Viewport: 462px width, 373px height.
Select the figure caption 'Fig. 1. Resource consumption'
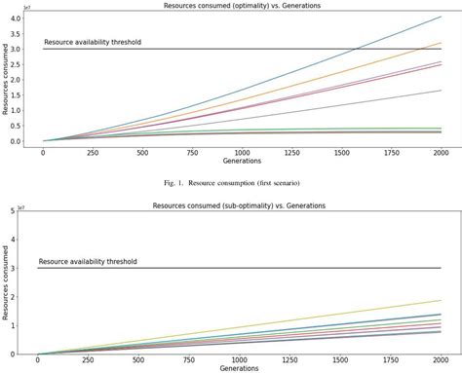tap(230, 183)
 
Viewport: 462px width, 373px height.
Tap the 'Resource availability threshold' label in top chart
tap(94, 43)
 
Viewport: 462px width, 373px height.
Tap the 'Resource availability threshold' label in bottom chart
tap(88, 261)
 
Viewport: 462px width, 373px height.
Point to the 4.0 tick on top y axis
tap(19, 19)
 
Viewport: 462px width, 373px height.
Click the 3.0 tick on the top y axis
tap(19, 49)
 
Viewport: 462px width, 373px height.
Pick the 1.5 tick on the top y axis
tap(19, 94)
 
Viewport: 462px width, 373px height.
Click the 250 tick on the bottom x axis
tap(88, 361)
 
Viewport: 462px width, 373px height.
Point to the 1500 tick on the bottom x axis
tap(338, 361)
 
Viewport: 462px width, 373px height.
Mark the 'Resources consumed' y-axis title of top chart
tap(6, 80)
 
